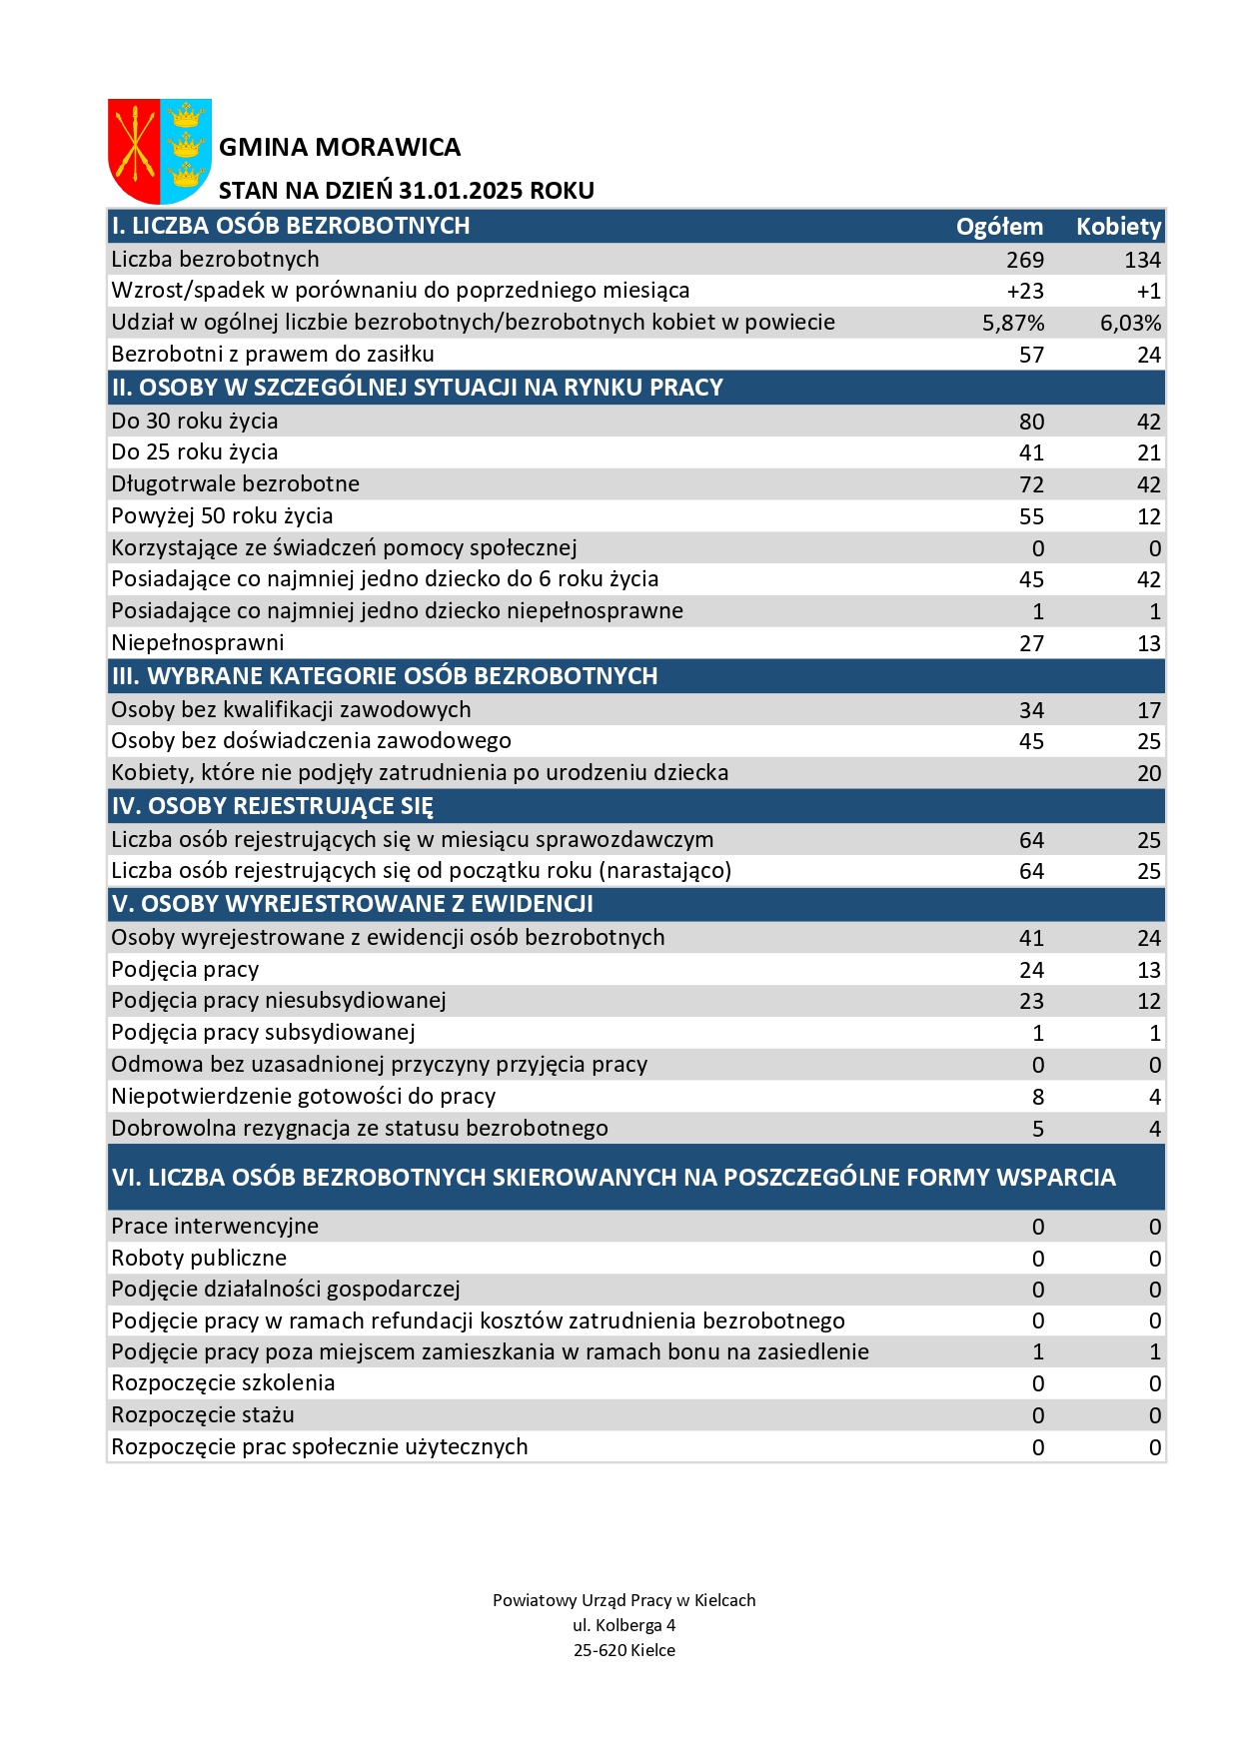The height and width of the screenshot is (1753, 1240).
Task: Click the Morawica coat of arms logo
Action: (159, 151)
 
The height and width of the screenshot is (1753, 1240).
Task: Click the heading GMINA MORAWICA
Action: (340, 148)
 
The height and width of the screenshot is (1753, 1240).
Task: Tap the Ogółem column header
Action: (999, 227)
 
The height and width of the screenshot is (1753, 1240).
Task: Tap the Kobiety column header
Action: (1118, 227)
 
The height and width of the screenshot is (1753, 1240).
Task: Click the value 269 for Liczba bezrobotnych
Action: (1025, 260)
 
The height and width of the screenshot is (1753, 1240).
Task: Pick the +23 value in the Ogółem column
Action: (1025, 292)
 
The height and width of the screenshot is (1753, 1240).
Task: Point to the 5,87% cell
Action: (1013, 324)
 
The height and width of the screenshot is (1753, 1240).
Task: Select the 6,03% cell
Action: (1130, 324)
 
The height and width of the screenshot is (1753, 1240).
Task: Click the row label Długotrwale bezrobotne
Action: (236, 484)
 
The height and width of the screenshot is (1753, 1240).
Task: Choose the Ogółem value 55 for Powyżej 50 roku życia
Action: (1031, 516)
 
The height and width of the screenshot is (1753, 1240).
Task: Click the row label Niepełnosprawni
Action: (198, 643)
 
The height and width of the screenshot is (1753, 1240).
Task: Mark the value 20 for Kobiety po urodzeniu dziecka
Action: (1149, 773)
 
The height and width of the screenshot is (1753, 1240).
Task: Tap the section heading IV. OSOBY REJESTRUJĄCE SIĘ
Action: (273, 806)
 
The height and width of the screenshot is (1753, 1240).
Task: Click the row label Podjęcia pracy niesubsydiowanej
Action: (279, 1001)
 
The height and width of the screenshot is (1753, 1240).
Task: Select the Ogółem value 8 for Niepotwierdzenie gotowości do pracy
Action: (1038, 1097)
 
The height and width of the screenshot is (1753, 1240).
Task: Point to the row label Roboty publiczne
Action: (199, 1259)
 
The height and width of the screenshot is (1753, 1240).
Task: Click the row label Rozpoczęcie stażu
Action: (203, 1415)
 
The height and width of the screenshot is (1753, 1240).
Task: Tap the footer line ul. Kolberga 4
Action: (624, 1625)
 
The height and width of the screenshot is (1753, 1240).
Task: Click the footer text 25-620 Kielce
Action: (624, 1650)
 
